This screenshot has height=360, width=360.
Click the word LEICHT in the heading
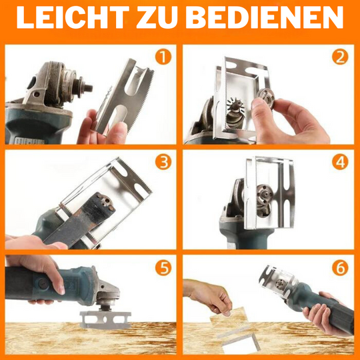click(x=73, y=17)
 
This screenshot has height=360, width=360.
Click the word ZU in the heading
click(x=157, y=17)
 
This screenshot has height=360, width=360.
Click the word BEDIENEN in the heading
click(x=264, y=17)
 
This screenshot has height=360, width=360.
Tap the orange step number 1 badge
click(x=163, y=57)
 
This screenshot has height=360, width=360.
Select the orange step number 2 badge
click(x=340, y=57)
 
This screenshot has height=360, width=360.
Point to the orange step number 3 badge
click(x=163, y=162)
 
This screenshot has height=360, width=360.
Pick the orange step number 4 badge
click(x=340, y=162)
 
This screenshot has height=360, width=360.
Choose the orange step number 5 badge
click(x=163, y=268)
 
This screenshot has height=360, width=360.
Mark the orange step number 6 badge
click(x=340, y=268)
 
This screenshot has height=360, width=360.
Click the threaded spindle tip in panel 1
click(x=89, y=87)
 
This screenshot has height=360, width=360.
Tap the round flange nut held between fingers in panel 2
click(x=265, y=99)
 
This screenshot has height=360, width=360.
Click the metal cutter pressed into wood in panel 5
click(x=105, y=320)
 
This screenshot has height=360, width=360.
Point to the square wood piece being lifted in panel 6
click(x=229, y=321)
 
